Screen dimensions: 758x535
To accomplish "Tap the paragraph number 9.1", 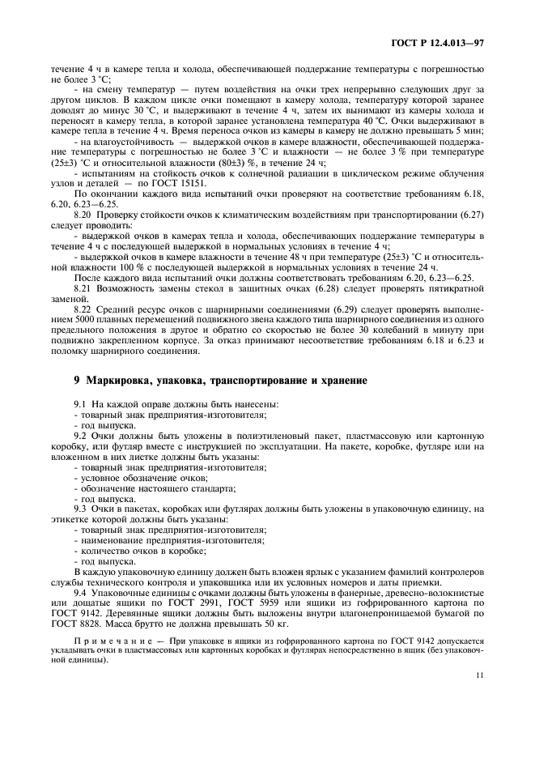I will pyautogui.click(x=81, y=403).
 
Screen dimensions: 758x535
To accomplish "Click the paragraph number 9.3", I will pyautogui.click(x=81, y=509).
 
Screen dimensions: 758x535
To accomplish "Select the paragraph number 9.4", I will pyautogui.click(x=81, y=593).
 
